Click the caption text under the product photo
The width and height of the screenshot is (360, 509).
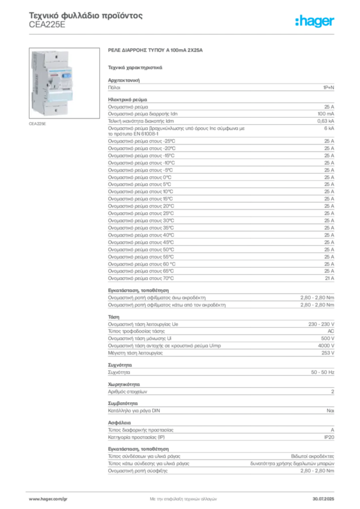coord(38,124)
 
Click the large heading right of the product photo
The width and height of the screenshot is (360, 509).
coord(157,51)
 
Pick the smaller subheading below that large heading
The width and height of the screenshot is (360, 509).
coord(135,67)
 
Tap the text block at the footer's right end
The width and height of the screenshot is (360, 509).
coord(326,497)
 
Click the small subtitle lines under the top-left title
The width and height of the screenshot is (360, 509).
coord(47,27)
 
